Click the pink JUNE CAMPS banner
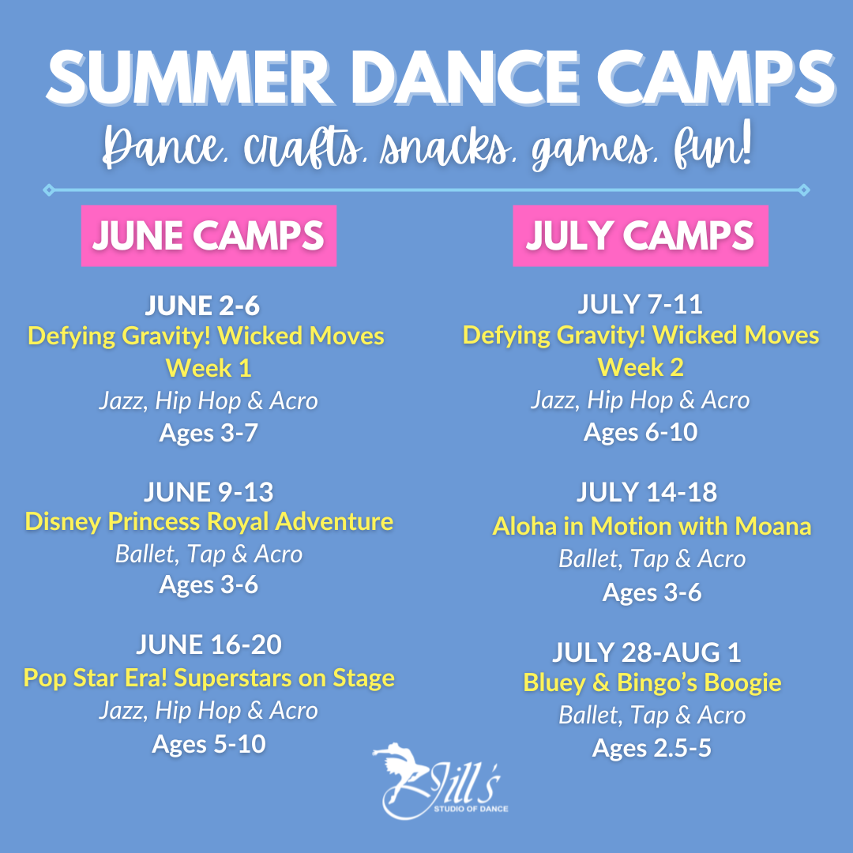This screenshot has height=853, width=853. pos(209,235)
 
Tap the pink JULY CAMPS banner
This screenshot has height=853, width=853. pos(641,235)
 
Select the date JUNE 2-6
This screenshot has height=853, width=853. pos(202,305)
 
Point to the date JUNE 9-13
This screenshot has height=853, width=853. pos(209,492)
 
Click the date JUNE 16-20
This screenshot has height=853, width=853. pos(209,644)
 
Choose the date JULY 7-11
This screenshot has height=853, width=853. pos(641,304)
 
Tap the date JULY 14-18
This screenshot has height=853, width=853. pos(647,492)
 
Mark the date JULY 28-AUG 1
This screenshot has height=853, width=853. pos(647,652)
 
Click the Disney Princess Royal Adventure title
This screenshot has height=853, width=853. pos(209,522)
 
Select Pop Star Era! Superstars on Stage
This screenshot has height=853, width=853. pos(209,678)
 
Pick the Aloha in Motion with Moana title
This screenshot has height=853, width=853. pos(652,526)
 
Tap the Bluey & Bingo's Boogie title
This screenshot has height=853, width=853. pos(652,683)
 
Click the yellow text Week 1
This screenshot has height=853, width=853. pos(209,368)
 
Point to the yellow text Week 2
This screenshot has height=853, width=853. pos(641,367)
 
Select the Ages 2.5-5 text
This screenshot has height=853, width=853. pos(652,749)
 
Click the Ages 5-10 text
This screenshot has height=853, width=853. pos(209,744)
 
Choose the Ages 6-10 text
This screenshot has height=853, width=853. pos(641,433)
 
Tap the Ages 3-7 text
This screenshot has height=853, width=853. pos(209,434)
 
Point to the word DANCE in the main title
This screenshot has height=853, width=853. pos(466,77)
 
